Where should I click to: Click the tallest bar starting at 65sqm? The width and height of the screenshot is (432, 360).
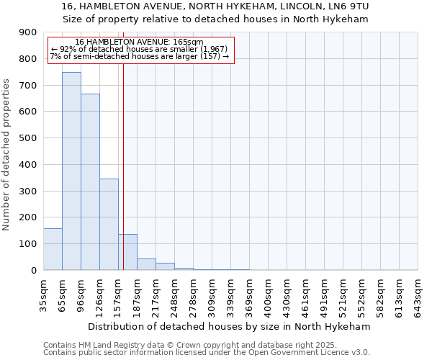[x=71, y=171]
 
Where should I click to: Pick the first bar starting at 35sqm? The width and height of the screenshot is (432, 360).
[x=53, y=249]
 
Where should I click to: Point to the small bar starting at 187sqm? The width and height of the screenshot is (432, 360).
[x=146, y=264]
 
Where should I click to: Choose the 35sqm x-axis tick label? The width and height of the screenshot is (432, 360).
[x=44, y=295]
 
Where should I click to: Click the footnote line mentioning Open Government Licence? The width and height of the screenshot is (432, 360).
[x=206, y=352]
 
